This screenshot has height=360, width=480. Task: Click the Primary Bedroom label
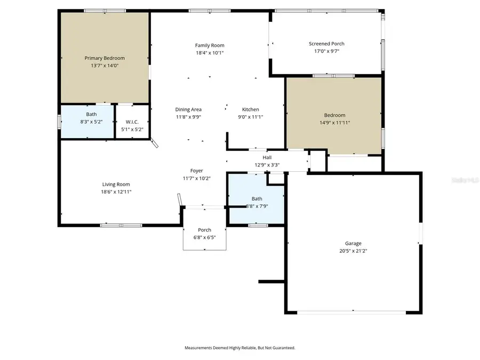105,58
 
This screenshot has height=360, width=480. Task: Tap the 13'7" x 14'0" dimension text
105,66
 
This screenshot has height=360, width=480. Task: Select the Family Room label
210,45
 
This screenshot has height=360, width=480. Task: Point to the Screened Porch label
326,44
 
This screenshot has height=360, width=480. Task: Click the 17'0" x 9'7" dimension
326,51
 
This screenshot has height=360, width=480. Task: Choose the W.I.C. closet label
132,122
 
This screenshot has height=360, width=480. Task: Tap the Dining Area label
188,109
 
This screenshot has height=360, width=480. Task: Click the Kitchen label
250,109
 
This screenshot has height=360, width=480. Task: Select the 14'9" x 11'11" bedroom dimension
334,122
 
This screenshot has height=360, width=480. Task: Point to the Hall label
267,157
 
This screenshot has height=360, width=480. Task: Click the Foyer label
196,171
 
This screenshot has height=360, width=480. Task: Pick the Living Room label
116,184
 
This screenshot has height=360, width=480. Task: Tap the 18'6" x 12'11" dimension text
116,191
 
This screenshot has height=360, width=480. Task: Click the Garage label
353,243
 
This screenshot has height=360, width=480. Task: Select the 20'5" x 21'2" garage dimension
353,251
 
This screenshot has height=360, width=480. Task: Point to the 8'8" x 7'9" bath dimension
257,206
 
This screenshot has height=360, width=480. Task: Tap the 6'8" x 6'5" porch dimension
204,237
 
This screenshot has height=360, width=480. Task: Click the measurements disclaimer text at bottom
239,348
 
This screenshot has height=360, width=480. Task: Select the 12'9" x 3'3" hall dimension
267,165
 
